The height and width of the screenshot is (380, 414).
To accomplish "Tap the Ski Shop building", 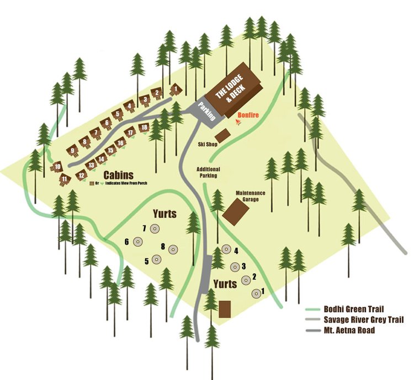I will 222,135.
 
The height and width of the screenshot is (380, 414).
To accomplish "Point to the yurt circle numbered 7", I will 155,229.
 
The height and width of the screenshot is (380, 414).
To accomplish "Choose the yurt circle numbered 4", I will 225,250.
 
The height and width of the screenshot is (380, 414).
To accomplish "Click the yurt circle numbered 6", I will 138,242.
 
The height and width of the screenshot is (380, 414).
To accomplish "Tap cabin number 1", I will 176,88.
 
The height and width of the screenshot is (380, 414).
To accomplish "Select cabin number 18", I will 144,128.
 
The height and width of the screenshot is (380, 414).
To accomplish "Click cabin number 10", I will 57,166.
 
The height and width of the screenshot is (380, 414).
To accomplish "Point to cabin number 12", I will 81,176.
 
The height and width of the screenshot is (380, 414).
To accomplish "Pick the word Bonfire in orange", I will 248,116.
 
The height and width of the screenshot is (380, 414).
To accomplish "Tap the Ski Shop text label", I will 208,145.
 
